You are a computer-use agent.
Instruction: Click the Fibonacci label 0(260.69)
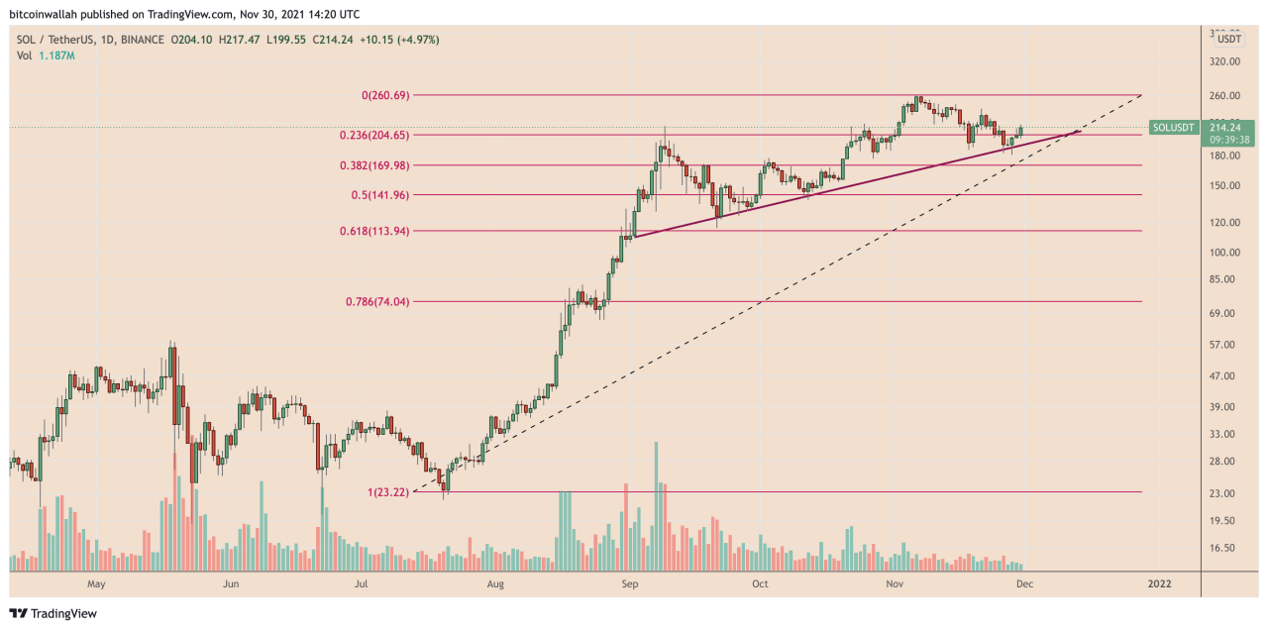pyautogui.click(x=385, y=95)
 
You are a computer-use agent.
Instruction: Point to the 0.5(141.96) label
pyautogui.click(x=380, y=195)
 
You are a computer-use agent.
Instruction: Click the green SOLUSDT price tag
pyautogui.click(x=1174, y=128)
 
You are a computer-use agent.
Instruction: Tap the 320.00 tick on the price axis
pyautogui.click(x=1224, y=61)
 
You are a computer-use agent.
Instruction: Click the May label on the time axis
pyautogui.click(x=96, y=584)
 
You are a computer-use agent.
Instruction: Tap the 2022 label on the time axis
pyautogui.click(x=1159, y=584)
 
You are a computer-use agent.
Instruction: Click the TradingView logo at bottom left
pyautogui.click(x=53, y=613)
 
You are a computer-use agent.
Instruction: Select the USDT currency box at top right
pyautogui.click(x=1229, y=39)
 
